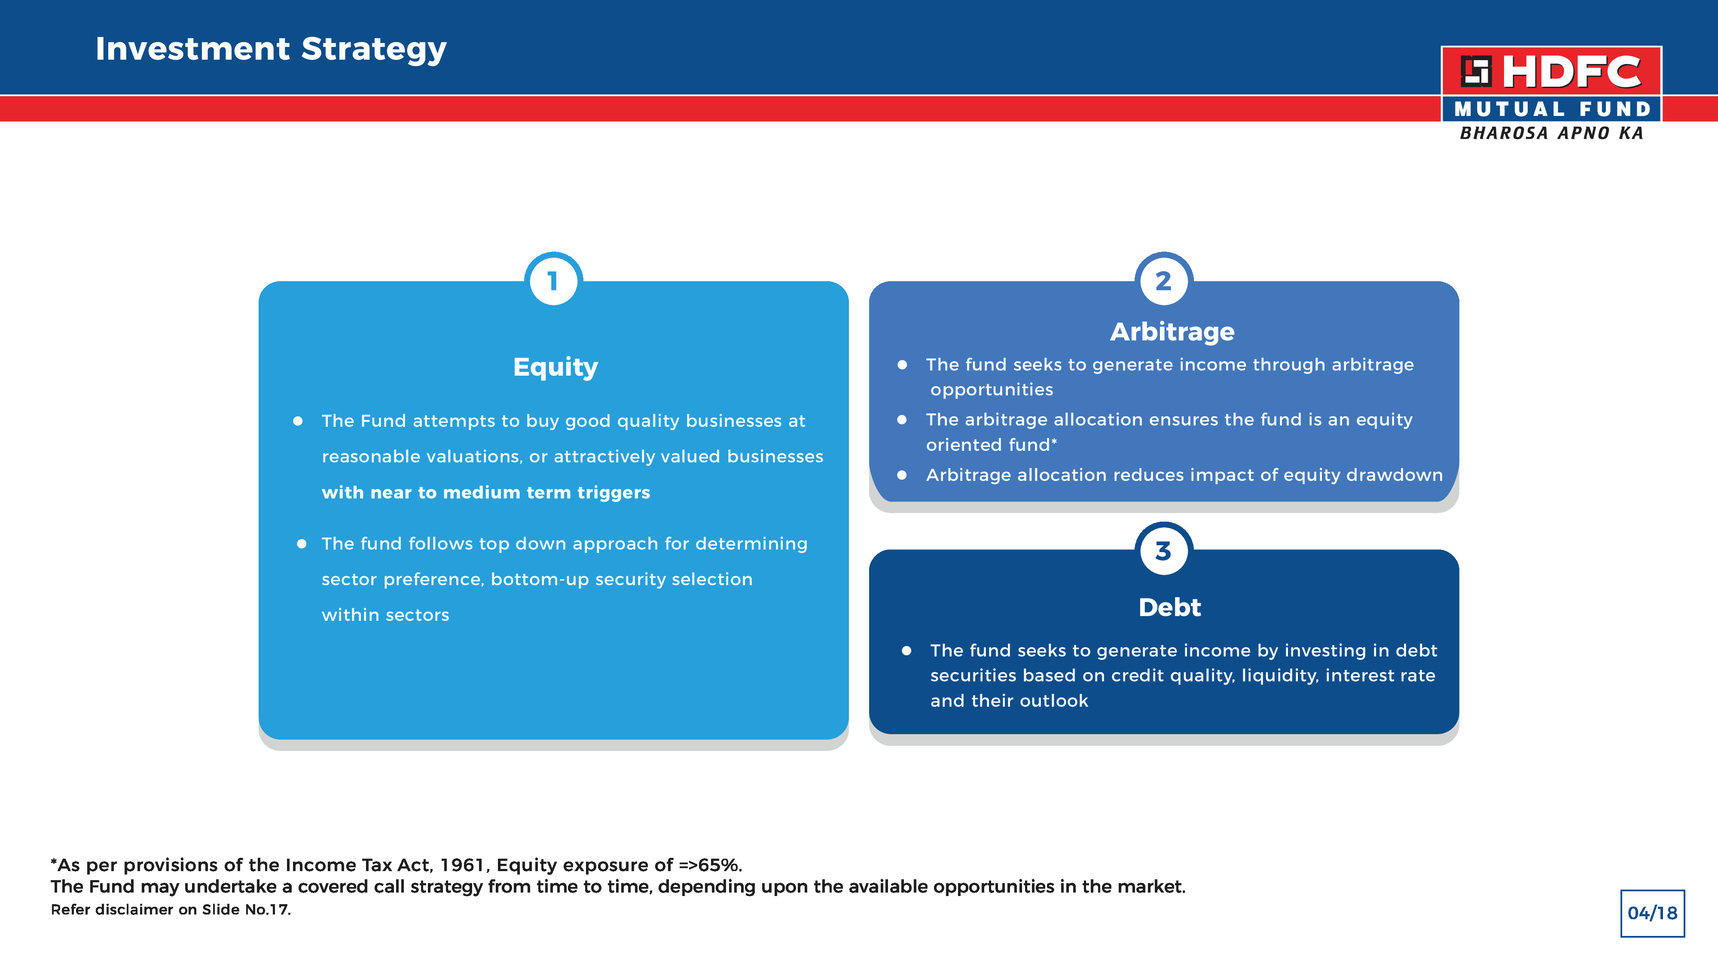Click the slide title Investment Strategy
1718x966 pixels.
[x=271, y=49]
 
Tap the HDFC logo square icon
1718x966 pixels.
[x=1476, y=71]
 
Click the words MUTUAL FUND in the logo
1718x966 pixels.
[x=1552, y=109]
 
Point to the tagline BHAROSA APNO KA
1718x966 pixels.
[x=1551, y=134]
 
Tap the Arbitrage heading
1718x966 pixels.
[x=1172, y=332]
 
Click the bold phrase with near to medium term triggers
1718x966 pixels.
[x=485, y=493]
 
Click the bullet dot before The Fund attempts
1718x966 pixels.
[x=298, y=421]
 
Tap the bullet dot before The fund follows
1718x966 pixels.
[x=302, y=544]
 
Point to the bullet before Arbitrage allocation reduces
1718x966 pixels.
[x=902, y=475]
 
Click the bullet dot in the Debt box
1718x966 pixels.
[x=906, y=651]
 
